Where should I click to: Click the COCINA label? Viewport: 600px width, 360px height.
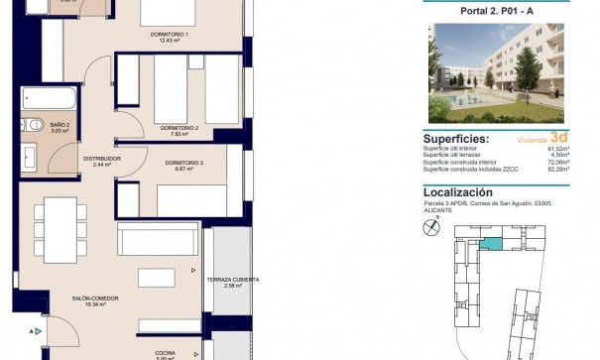(165, 352)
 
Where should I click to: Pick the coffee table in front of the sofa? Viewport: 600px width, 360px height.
(158, 277)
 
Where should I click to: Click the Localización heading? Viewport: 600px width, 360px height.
(457, 192)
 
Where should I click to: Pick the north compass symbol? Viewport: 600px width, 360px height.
(430, 228)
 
